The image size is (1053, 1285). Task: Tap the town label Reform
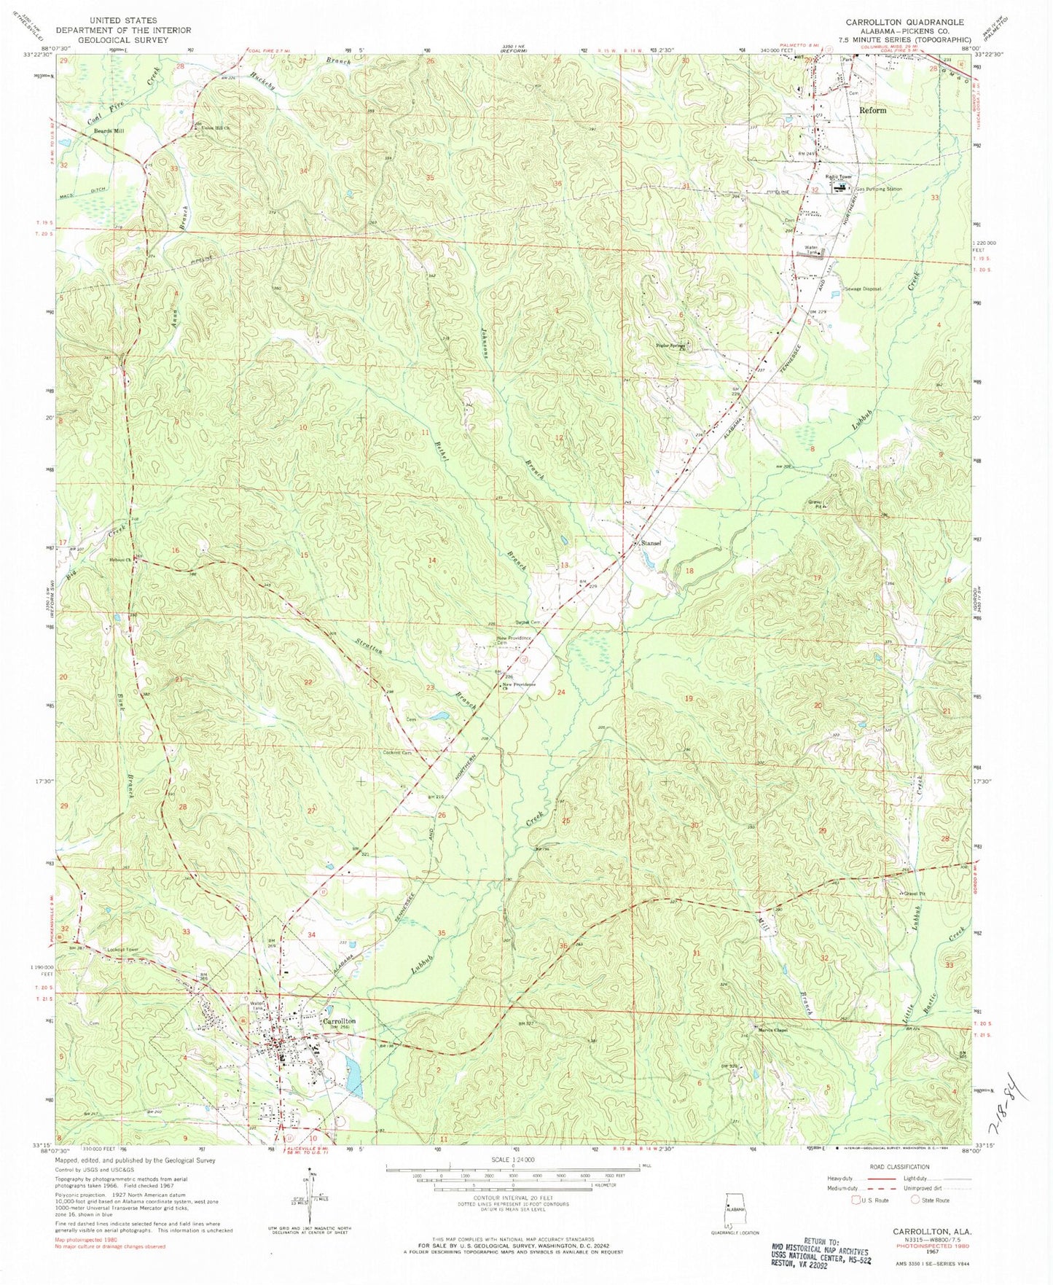[873, 110]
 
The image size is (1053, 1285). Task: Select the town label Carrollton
[340, 1022]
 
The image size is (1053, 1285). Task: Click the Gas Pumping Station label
[878, 189]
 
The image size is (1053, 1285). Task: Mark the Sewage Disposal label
[863, 289]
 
